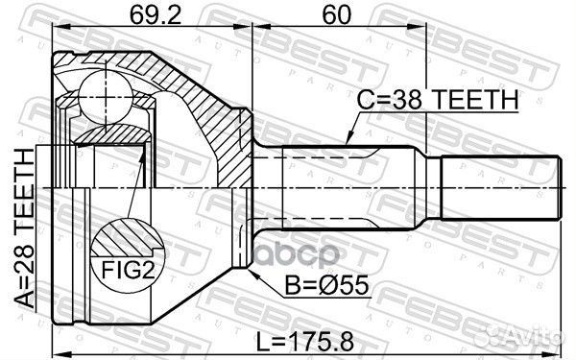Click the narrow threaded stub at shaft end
[500, 188]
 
